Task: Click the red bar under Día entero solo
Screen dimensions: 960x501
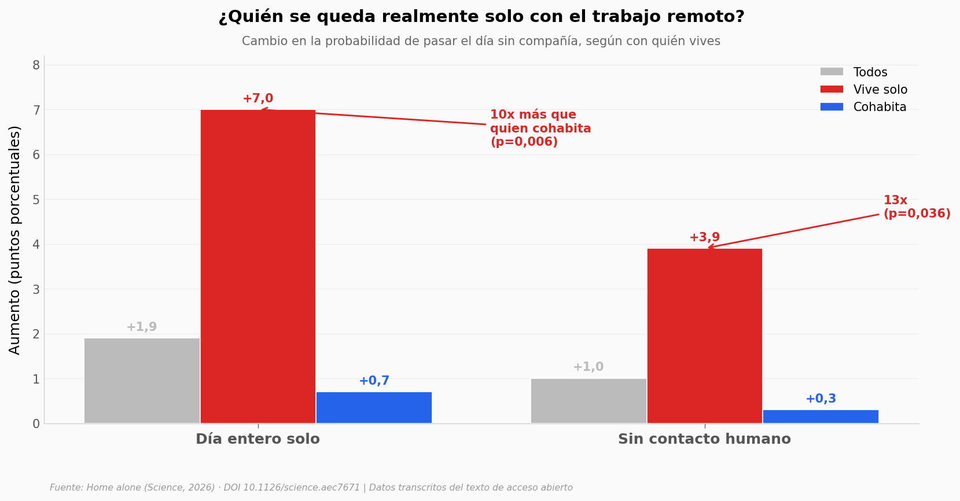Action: (x=258, y=267)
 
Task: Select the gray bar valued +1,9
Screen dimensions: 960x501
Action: (x=142, y=381)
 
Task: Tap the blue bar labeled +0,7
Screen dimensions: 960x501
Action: (x=374, y=408)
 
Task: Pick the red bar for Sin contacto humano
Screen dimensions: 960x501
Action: (x=705, y=336)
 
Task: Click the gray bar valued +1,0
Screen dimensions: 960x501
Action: (x=588, y=401)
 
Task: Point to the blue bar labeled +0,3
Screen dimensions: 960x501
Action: (x=821, y=417)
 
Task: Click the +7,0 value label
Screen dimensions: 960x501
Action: (x=258, y=98)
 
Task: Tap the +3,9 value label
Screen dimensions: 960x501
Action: (x=705, y=237)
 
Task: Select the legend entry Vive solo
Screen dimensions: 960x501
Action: (x=863, y=90)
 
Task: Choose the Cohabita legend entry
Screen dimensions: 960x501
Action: (x=863, y=107)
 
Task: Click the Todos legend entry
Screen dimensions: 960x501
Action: (x=854, y=72)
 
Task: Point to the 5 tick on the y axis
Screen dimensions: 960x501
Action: (x=36, y=200)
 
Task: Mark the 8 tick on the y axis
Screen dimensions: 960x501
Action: (x=36, y=65)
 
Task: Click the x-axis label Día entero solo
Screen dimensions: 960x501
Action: (x=258, y=439)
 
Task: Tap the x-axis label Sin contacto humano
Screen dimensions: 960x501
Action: (x=705, y=439)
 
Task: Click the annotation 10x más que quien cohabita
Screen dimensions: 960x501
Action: (x=540, y=128)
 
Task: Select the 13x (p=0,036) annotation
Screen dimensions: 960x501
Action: (x=917, y=207)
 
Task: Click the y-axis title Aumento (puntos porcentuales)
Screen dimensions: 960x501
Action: (x=14, y=240)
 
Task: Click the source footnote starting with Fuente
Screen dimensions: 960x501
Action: (x=311, y=488)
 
